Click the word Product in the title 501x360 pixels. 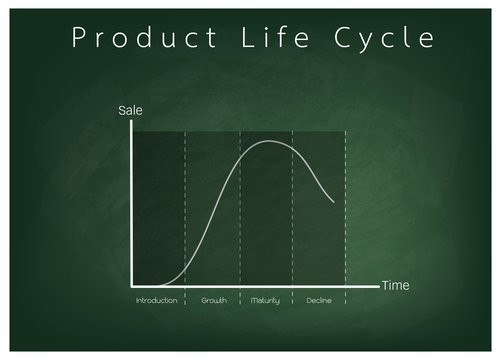136,39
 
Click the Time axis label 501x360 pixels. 395,286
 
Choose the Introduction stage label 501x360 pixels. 157,300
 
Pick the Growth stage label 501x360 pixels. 213,300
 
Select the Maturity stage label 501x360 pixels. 266,300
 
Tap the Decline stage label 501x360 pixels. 319,300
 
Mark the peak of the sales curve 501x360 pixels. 271,141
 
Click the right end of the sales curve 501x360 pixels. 334,202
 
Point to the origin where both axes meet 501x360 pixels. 132,285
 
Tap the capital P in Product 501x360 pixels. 75,39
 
